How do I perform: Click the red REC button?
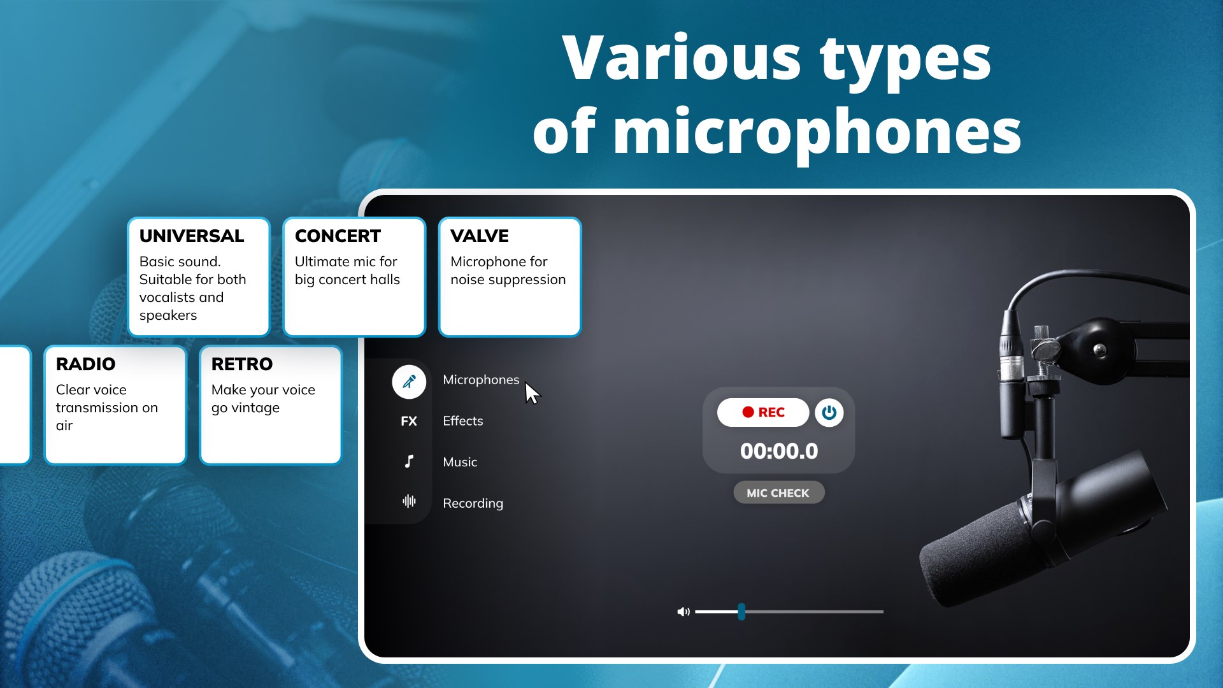pos(763,412)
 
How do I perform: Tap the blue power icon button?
pos(829,412)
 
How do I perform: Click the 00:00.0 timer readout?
pos(779,451)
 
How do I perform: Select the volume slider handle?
pos(741,612)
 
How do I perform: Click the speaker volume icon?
pos(683,612)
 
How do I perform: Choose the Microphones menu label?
pos(481,380)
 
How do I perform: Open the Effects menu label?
pos(463,421)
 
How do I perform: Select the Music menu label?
pos(460,462)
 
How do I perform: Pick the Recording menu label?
pos(473,503)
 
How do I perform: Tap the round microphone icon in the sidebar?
pos(409,382)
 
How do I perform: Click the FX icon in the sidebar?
pos(409,421)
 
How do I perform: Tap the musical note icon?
pos(409,461)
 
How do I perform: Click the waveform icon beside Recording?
pos(409,501)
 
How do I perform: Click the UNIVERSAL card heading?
pos(192,236)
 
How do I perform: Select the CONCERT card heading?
pos(338,236)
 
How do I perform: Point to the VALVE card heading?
pos(480,236)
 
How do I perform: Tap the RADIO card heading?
pos(85,364)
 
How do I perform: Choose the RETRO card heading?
pos(242,364)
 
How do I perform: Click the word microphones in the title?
pos(818,133)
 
